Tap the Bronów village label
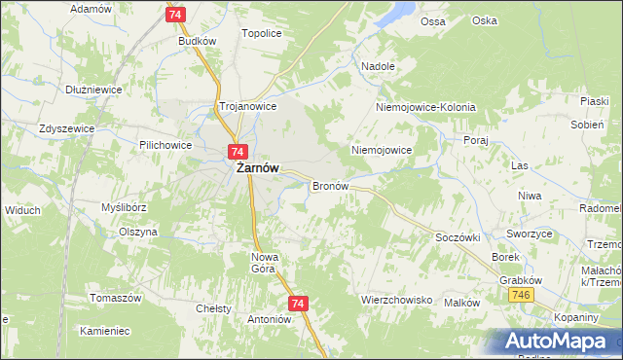(330, 185)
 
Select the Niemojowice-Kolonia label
(426, 107)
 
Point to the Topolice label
(261, 33)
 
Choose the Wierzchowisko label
(396, 301)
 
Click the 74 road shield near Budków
(175, 16)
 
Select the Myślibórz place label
(124, 207)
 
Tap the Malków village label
(462, 303)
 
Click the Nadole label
(378, 67)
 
